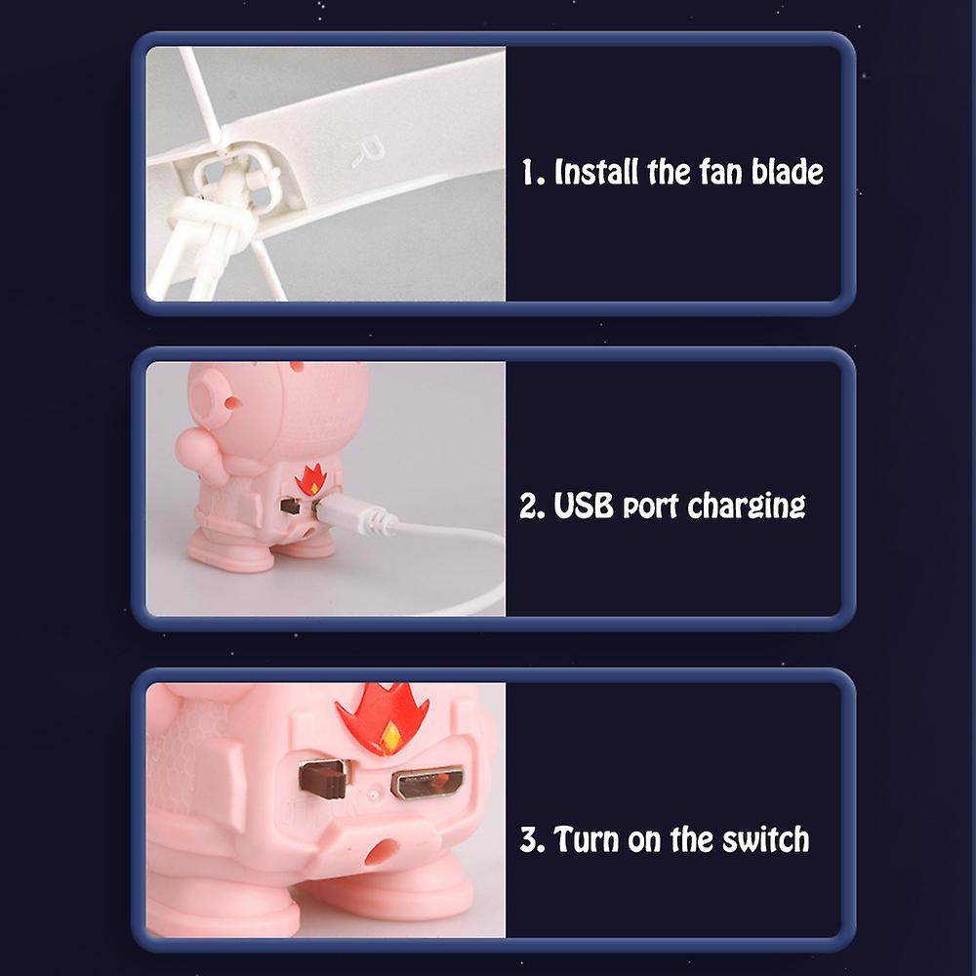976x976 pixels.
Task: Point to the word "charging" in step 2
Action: pos(747,506)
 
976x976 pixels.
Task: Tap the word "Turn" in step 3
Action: pos(587,839)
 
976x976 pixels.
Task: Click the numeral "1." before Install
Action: pos(533,173)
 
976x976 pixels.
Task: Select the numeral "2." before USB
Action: pos(532,506)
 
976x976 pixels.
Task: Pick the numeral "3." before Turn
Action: pos(532,839)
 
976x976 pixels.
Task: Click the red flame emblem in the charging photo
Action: pos(310,479)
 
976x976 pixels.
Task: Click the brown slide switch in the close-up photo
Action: pos(322,778)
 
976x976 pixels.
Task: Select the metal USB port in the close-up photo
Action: pos(427,783)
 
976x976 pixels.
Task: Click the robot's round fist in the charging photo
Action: pos(194,447)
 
